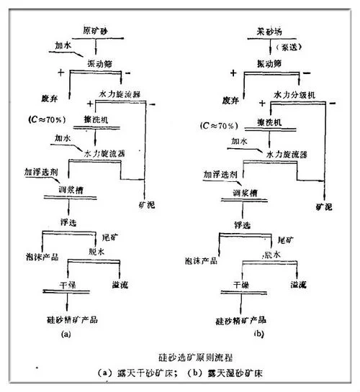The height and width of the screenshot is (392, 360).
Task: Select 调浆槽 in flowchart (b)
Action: [x=248, y=193]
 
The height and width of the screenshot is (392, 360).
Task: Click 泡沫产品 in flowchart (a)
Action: [x=40, y=257]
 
